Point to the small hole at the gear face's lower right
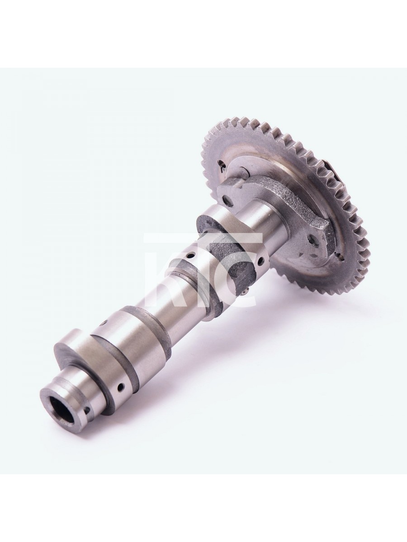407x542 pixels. click(341, 258)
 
